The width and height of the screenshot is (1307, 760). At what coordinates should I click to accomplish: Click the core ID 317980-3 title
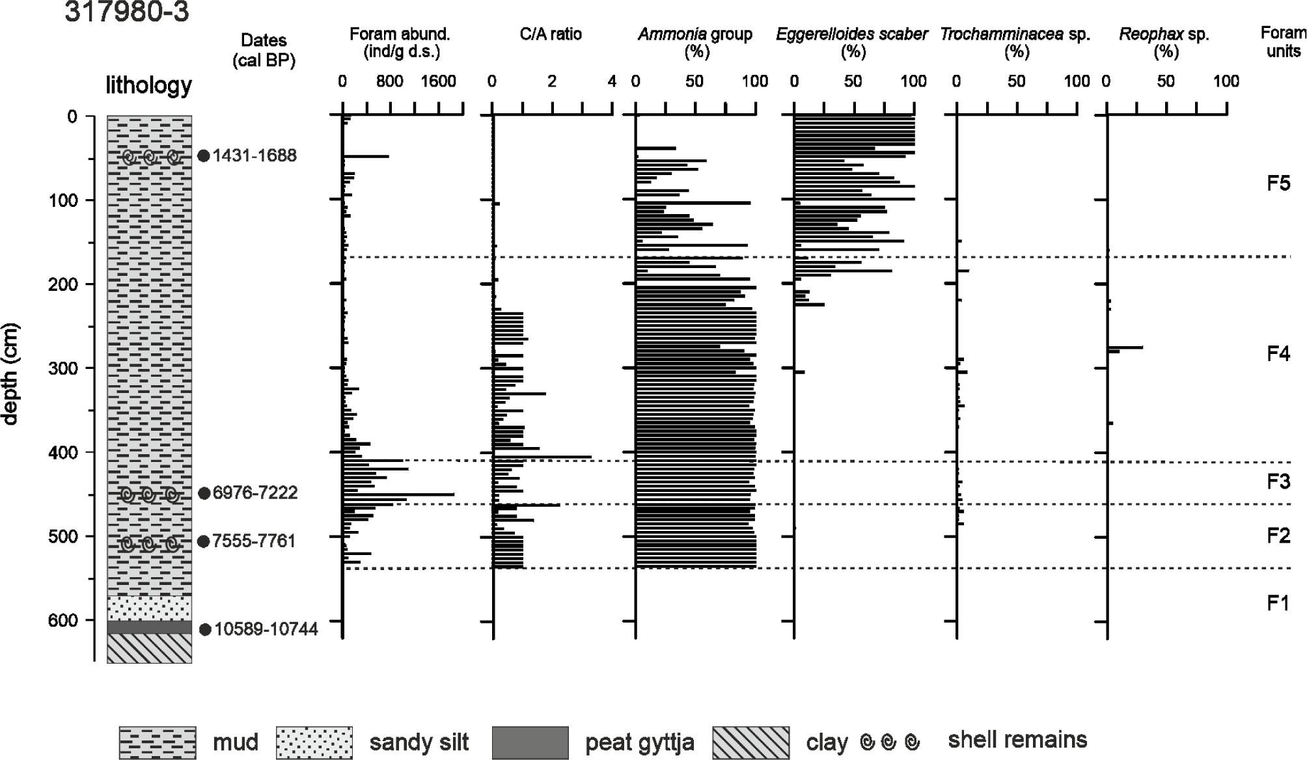(127, 12)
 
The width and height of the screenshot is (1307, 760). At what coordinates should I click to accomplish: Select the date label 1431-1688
(255, 156)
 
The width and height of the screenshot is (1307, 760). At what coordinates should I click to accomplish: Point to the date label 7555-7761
(254, 541)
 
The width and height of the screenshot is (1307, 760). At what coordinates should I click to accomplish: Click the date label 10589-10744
(266, 629)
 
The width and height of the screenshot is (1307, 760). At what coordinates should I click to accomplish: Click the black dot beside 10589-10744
(204, 629)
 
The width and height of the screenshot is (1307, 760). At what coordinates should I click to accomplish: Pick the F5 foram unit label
(1278, 183)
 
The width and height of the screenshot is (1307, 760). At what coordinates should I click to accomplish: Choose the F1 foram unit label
(1278, 603)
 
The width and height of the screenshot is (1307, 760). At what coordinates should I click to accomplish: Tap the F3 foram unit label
(1278, 482)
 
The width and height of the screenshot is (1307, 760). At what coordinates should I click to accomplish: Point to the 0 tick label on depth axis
(72, 117)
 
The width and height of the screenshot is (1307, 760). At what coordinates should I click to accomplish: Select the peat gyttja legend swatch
(530, 742)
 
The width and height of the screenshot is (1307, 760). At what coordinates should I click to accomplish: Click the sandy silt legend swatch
(314, 742)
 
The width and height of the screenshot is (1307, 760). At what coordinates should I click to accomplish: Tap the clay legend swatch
(750, 742)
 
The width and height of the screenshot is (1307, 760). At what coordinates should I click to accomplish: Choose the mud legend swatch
(157, 742)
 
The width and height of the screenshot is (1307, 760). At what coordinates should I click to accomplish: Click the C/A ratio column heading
(551, 34)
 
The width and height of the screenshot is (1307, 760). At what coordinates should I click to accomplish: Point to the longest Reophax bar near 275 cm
(1125, 347)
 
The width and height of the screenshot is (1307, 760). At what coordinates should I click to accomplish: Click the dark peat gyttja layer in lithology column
(149, 627)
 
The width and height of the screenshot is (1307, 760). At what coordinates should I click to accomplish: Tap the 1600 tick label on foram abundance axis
(438, 82)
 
